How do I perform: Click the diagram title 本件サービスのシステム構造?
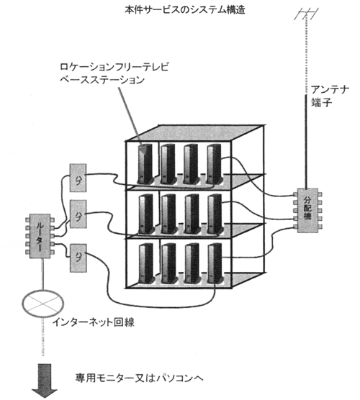[x=185, y=9]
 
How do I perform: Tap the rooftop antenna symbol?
[x=306, y=14]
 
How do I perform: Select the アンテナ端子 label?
[x=330, y=96]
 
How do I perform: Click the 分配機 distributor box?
[x=307, y=211]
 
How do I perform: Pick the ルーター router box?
[x=40, y=236]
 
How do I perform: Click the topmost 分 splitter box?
[x=78, y=178]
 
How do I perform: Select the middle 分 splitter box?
[x=78, y=214]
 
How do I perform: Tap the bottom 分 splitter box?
[x=78, y=258]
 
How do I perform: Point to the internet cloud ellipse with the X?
[x=42, y=303]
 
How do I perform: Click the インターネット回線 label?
[x=93, y=322]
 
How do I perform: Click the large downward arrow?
[x=45, y=381]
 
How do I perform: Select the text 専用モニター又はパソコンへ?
[x=140, y=378]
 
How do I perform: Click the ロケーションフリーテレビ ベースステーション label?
[x=114, y=73]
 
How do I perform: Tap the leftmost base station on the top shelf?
[x=145, y=164]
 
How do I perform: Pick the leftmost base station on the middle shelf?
[x=146, y=214]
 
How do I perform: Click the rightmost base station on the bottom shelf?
[x=215, y=263]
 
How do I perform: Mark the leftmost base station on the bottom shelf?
[x=146, y=263]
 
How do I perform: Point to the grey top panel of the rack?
[x=195, y=133]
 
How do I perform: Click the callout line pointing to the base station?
[x=130, y=115]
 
